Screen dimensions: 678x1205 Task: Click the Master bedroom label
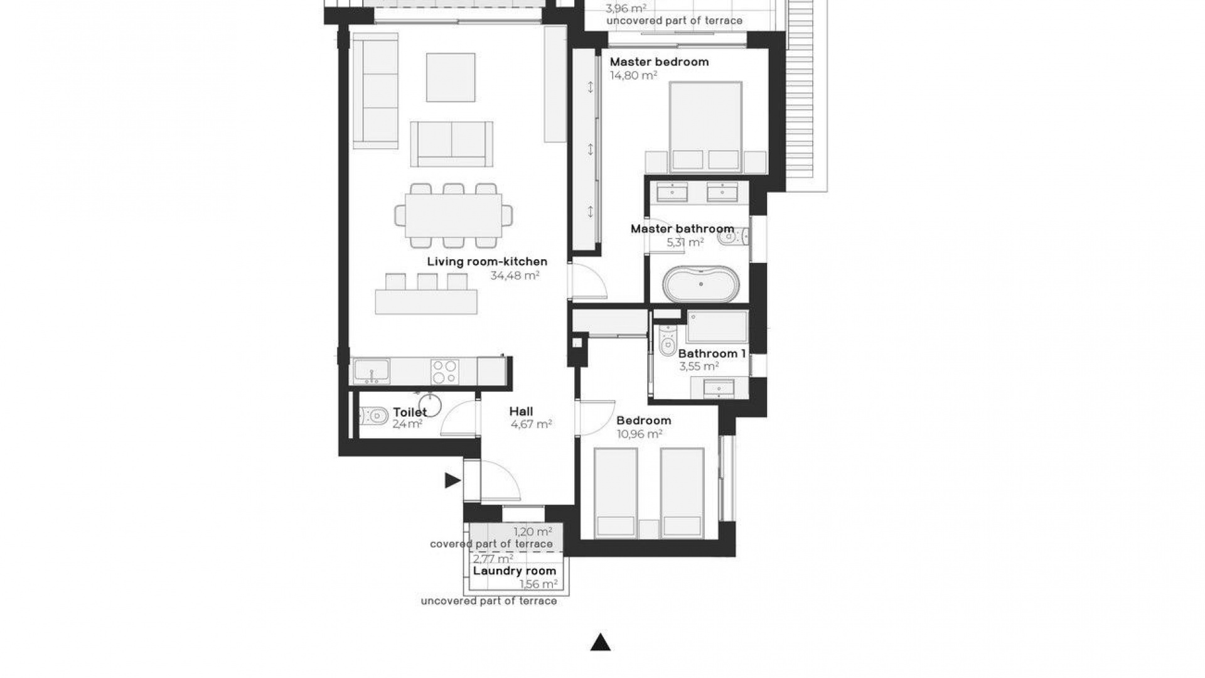click(x=659, y=62)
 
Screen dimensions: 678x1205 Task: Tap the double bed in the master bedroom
click(x=705, y=126)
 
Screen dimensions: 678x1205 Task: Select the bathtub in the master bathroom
click(x=702, y=284)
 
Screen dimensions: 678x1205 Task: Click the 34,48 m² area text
click(x=515, y=275)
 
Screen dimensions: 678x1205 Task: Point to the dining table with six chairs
click(x=453, y=215)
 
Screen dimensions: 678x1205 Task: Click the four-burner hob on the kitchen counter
click(x=444, y=371)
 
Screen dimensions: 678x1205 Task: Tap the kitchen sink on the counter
click(x=372, y=370)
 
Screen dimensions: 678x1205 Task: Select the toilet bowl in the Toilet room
click(x=373, y=416)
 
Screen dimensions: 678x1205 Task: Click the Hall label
click(x=521, y=412)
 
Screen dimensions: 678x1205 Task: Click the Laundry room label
click(x=514, y=571)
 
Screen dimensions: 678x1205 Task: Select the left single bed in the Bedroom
click(x=616, y=492)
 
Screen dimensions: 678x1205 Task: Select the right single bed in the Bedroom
click(x=682, y=492)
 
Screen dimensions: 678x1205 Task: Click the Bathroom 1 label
click(x=711, y=353)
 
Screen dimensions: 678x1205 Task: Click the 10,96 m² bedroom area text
click(x=639, y=434)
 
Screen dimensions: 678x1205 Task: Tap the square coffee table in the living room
click(x=451, y=77)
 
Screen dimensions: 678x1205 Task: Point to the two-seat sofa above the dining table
click(x=451, y=144)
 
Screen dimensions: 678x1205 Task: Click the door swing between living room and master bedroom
click(x=589, y=282)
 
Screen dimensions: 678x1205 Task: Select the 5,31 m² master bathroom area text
click(x=685, y=242)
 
